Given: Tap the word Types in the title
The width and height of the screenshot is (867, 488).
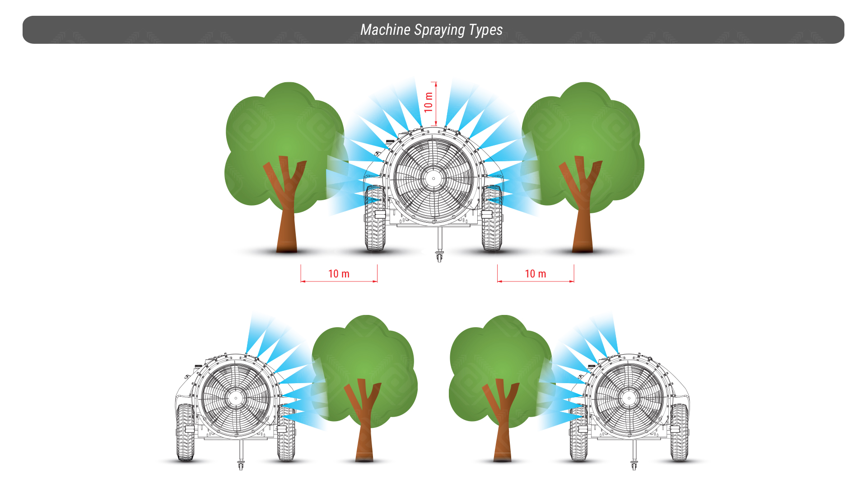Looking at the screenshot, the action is pyautogui.click(x=486, y=30).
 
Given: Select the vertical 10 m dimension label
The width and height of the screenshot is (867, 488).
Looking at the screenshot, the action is pyautogui.click(x=428, y=102).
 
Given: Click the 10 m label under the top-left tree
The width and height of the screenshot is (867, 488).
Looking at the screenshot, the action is pyautogui.click(x=339, y=274).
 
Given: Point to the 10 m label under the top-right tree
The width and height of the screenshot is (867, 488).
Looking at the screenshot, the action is pyautogui.click(x=535, y=274).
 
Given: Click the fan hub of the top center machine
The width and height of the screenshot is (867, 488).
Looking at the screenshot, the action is pyautogui.click(x=433, y=178).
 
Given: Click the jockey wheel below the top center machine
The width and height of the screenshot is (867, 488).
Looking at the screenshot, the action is pyautogui.click(x=439, y=257).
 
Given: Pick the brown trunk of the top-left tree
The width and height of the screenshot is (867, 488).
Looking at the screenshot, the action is pyautogui.click(x=286, y=203).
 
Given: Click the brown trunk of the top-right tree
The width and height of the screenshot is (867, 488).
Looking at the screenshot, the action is pyautogui.click(x=582, y=203).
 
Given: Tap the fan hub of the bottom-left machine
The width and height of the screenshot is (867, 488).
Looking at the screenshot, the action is pyautogui.click(x=236, y=398).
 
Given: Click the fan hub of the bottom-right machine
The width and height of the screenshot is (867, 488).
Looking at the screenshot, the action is pyautogui.click(x=629, y=398).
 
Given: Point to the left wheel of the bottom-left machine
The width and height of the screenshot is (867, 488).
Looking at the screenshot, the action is pyautogui.click(x=186, y=432).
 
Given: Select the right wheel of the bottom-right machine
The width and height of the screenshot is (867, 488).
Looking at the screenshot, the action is pyautogui.click(x=679, y=432).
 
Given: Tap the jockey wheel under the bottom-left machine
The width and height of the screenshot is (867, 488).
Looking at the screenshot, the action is pyautogui.click(x=241, y=465).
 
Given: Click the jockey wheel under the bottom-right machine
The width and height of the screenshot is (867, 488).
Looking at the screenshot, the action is pyautogui.click(x=634, y=465).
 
